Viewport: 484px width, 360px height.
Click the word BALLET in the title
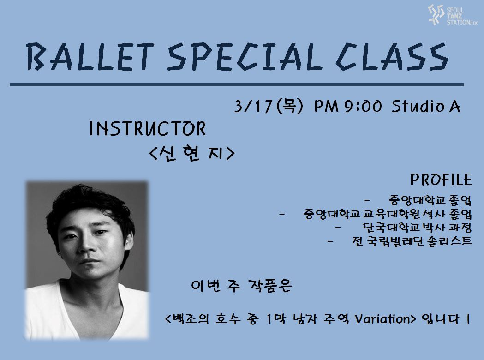pyautogui.click(x=90, y=57)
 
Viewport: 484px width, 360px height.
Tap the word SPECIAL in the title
pyautogui.click(x=244, y=56)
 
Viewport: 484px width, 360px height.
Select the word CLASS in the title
pyautogui.click(x=392, y=56)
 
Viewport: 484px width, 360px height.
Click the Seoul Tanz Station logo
pyautogui.click(x=453, y=15)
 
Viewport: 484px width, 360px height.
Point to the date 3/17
pyautogui.click(x=253, y=107)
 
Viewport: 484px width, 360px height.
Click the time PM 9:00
pyautogui.click(x=348, y=106)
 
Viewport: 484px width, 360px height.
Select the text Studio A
pyautogui.click(x=426, y=106)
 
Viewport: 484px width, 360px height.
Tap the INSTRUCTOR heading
pyautogui.click(x=148, y=128)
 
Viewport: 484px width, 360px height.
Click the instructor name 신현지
pyautogui.click(x=191, y=153)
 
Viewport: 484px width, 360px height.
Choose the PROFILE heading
pyautogui.click(x=441, y=180)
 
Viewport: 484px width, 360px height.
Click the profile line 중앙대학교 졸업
pyautogui.click(x=430, y=200)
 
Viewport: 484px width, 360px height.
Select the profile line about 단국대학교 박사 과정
pyautogui.click(x=417, y=227)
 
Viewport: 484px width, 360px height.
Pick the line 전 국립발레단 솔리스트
pyautogui.click(x=412, y=241)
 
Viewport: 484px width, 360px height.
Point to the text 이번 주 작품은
pyautogui.click(x=241, y=286)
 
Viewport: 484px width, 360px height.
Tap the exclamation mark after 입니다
pyautogui.click(x=469, y=318)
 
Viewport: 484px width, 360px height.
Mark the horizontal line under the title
pyautogui.click(x=237, y=84)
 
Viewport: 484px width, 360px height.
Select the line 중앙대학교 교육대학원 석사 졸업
pyautogui.click(x=388, y=214)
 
